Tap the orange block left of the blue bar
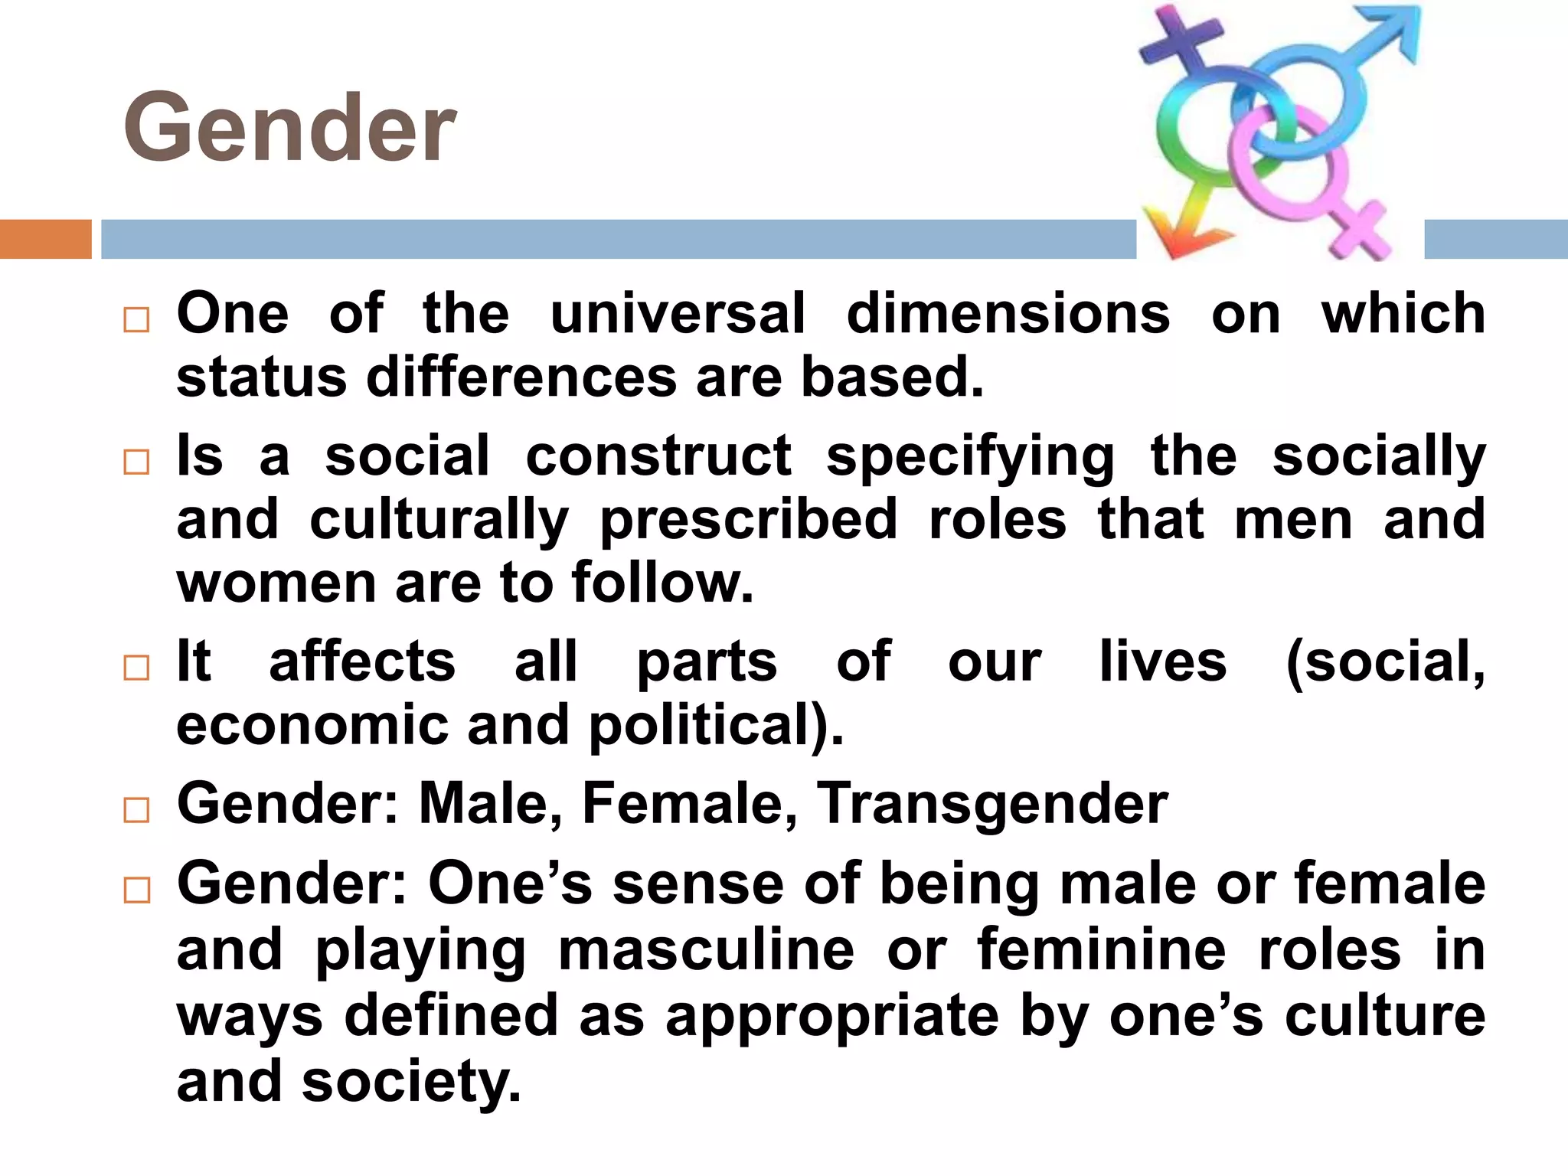pyautogui.click(x=45, y=239)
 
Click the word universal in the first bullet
pyautogui.click(x=678, y=314)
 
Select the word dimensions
pyautogui.click(x=1008, y=314)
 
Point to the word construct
pyautogui.click(x=658, y=457)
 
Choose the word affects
pyautogui.click(x=362, y=661)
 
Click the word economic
pyautogui.click(x=312, y=725)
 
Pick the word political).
pyautogui.click(x=716, y=725)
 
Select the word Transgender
pyautogui.click(x=992, y=804)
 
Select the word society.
pyautogui.click(x=411, y=1082)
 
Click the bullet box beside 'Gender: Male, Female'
pyautogui.click(x=136, y=810)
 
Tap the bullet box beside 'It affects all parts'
pyautogui.click(x=136, y=668)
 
